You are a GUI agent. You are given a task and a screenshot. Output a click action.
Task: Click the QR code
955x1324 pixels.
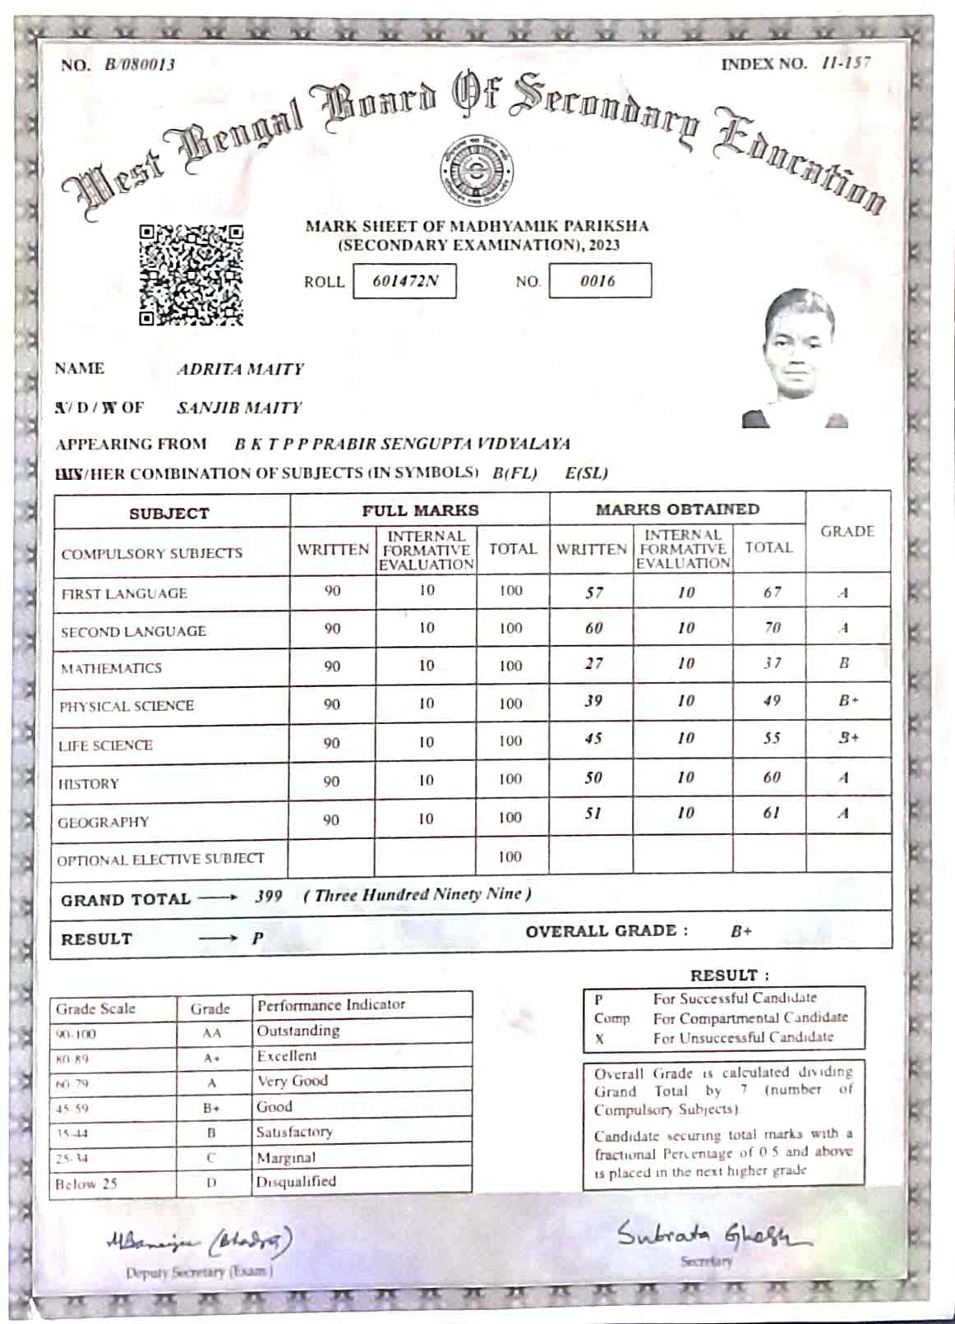coord(191,274)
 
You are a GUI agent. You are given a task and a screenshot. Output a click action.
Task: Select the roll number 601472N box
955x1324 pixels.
coord(404,281)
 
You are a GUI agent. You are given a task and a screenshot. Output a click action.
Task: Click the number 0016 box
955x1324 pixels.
coord(599,280)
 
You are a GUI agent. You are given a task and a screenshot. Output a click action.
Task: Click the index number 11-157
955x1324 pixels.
coord(846,63)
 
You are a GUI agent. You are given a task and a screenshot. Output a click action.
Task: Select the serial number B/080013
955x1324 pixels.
coord(140,65)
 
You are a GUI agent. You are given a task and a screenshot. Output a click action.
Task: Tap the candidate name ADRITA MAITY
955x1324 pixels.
coord(240,369)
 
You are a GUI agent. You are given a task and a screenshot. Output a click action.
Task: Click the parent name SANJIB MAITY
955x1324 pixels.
coord(239,408)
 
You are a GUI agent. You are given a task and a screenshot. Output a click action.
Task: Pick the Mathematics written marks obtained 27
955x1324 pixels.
coord(593,663)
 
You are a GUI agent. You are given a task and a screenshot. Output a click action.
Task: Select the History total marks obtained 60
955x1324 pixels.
coord(771,777)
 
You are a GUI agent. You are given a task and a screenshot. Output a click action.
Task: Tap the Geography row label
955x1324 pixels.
coord(104,822)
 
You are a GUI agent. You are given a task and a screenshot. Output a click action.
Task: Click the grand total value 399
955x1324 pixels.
coord(268,896)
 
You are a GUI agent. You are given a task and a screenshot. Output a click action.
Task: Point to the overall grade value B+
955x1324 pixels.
coord(740,931)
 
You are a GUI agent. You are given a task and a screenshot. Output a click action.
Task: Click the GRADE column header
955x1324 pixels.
coord(847,532)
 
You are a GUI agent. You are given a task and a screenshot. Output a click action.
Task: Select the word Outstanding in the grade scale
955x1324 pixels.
coord(298,1031)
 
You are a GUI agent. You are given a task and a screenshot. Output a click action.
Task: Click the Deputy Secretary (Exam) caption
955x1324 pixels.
coord(198,1271)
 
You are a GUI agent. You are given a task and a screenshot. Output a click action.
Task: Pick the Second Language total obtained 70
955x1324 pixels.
coord(772,628)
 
